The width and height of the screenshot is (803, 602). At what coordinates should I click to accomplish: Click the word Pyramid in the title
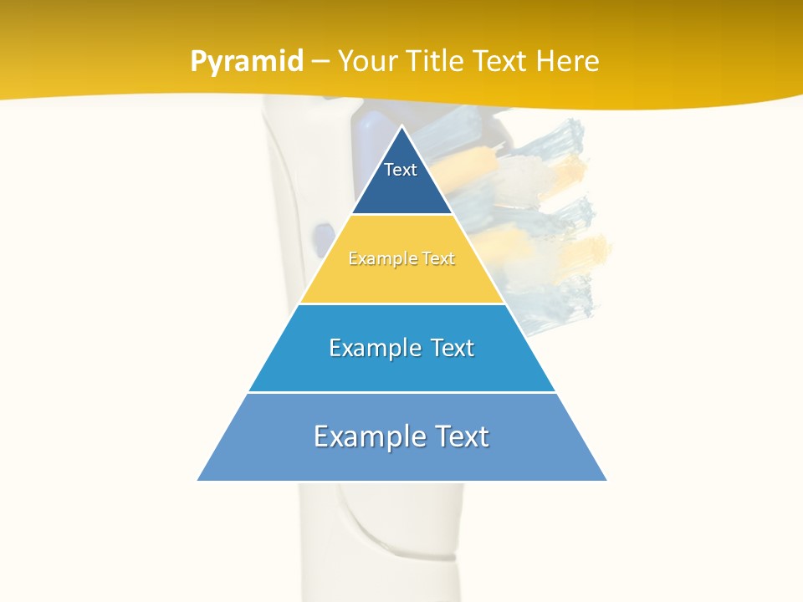click(247, 62)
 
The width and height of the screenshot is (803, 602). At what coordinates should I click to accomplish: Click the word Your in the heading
click(367, 62)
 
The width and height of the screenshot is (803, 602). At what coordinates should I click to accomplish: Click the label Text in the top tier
click(401, 170)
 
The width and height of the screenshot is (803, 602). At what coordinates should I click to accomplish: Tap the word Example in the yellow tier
click(376, 259)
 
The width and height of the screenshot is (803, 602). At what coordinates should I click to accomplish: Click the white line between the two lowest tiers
click(401, 392)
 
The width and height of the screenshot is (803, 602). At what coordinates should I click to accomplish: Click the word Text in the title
click(499, 62)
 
